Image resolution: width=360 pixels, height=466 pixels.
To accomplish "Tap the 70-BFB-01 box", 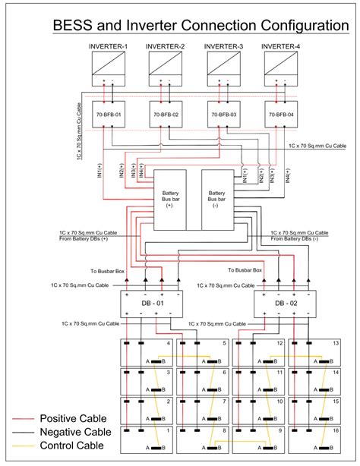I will pos(108,114).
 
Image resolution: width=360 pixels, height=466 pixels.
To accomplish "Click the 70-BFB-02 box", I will pos(164,114).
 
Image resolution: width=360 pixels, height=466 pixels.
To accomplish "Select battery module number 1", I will pos(147,438).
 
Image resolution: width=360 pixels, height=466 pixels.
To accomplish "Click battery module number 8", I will pos(202,438).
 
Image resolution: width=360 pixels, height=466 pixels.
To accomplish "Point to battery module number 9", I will pos(257,438).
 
